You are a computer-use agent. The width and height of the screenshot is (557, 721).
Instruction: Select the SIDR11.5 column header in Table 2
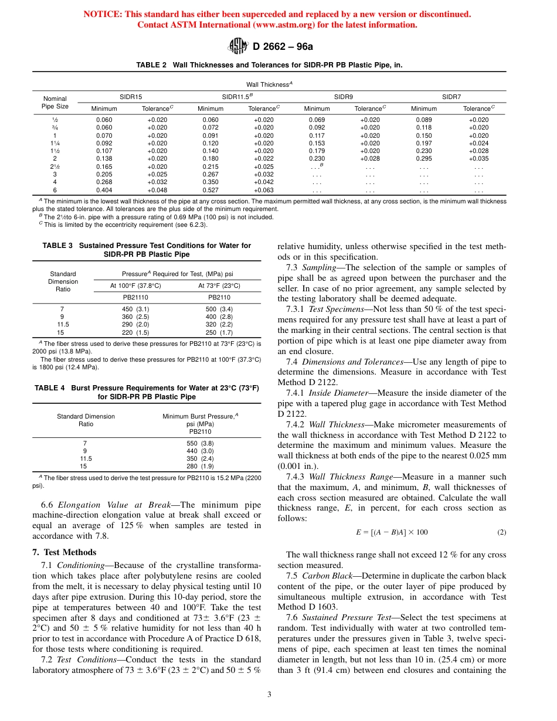point(237,96)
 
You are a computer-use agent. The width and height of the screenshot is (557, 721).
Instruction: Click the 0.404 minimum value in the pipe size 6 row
point(104,190)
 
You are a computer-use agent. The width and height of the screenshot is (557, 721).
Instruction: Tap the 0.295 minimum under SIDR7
point(424,158)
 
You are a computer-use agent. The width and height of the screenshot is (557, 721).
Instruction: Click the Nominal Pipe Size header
point(55,103)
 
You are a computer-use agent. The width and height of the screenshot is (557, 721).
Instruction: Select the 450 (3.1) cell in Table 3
point(135,309)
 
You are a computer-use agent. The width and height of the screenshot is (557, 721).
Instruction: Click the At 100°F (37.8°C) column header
point(135,285)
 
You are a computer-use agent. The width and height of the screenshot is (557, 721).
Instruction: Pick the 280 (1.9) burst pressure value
point(199,466)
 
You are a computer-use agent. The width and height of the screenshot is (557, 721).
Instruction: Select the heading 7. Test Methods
point(64,552)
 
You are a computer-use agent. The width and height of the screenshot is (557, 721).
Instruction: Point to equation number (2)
point(501,532)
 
